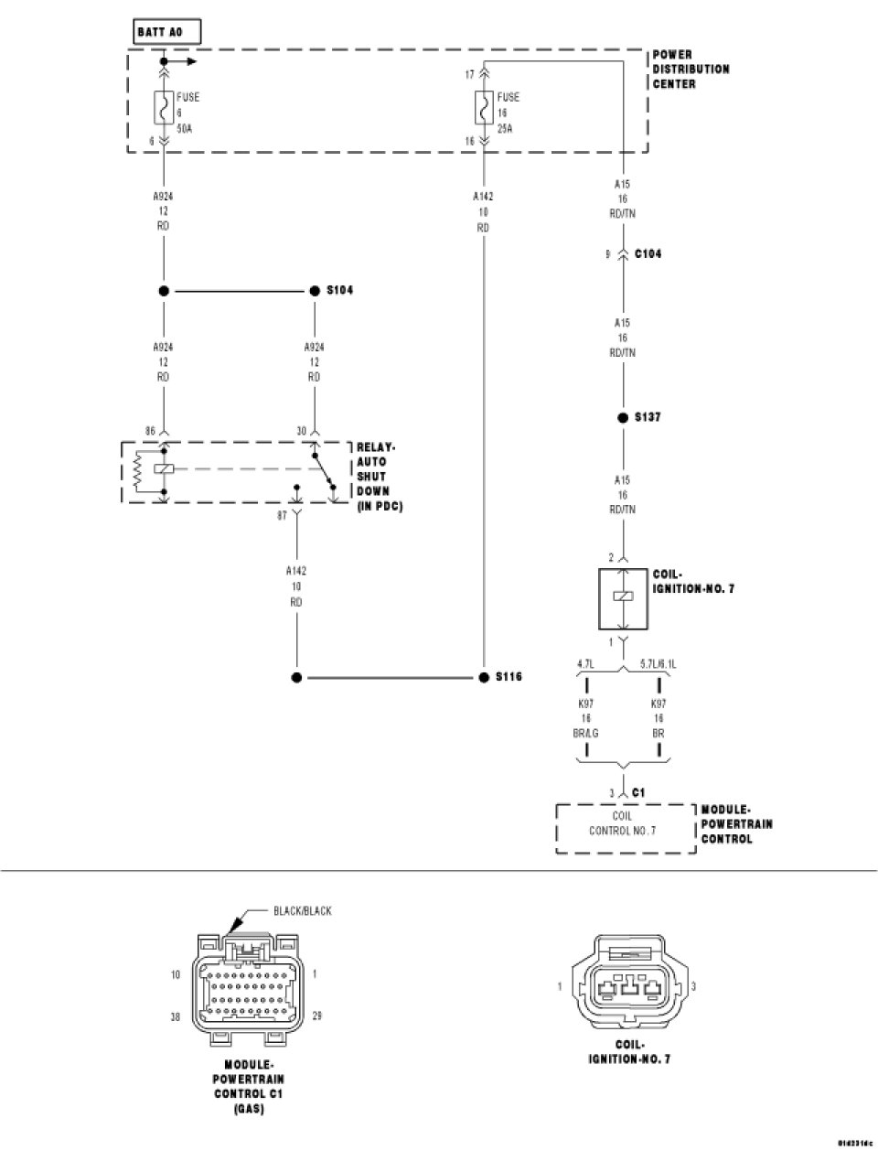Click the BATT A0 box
click(166, 32)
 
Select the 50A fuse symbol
click(163, 111)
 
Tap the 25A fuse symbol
click(482, 111)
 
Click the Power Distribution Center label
click(691, 70)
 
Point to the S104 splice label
click(340, 290)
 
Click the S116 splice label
click(509, 678)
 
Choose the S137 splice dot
click(623, 417)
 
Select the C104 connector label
click(648, 253)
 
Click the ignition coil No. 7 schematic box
click(623, 597)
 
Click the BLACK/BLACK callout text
click(303, 911)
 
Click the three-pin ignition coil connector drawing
click(630, 986)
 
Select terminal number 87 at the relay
click(283, 515)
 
